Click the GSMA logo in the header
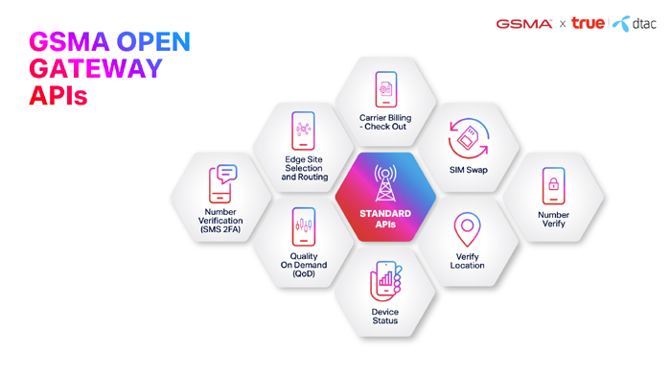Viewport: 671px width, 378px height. pos(523,24)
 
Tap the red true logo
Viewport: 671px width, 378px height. pos(588,23)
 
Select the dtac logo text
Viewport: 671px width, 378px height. pos(643,24)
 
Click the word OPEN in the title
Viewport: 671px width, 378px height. pos(153,41)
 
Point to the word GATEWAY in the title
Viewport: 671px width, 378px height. pos(96,68)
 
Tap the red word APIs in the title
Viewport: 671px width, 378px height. pos(58,96)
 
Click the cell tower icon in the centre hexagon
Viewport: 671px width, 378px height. pos(385,183)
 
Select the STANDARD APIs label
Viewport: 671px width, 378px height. pos(385,219)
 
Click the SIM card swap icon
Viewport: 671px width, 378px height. pos(468,138)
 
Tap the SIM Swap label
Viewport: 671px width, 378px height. pos(468,170)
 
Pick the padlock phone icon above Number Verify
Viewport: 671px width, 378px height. pos(553,186)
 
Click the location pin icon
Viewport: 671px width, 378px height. pos(467,230)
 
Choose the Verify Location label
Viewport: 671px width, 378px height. pos(467,261)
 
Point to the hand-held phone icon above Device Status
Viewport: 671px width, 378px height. pos(386,281)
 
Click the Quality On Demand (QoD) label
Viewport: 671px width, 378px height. pos(304,265)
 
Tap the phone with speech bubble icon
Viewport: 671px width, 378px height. pos(222,183)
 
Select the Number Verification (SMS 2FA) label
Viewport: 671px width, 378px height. pos(220,221)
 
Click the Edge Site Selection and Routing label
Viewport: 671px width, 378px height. pos(304,168)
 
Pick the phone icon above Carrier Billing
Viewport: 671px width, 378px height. pos(386,89)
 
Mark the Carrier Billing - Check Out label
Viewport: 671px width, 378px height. pos(385,122)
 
